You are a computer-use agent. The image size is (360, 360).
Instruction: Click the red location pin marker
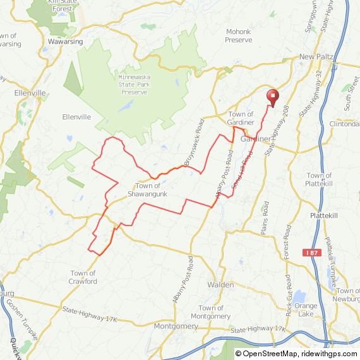click(x=273, y=97)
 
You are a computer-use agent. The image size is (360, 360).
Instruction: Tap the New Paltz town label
click(x=316, y=57)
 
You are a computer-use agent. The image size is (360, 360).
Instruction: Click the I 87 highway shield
click(x=312, y=253)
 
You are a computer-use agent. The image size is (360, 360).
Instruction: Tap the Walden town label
click(x=220, y=285)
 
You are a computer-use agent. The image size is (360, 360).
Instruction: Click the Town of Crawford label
click(x=83, y=277)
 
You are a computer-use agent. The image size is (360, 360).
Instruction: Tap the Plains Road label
click(x=265, y=219)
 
